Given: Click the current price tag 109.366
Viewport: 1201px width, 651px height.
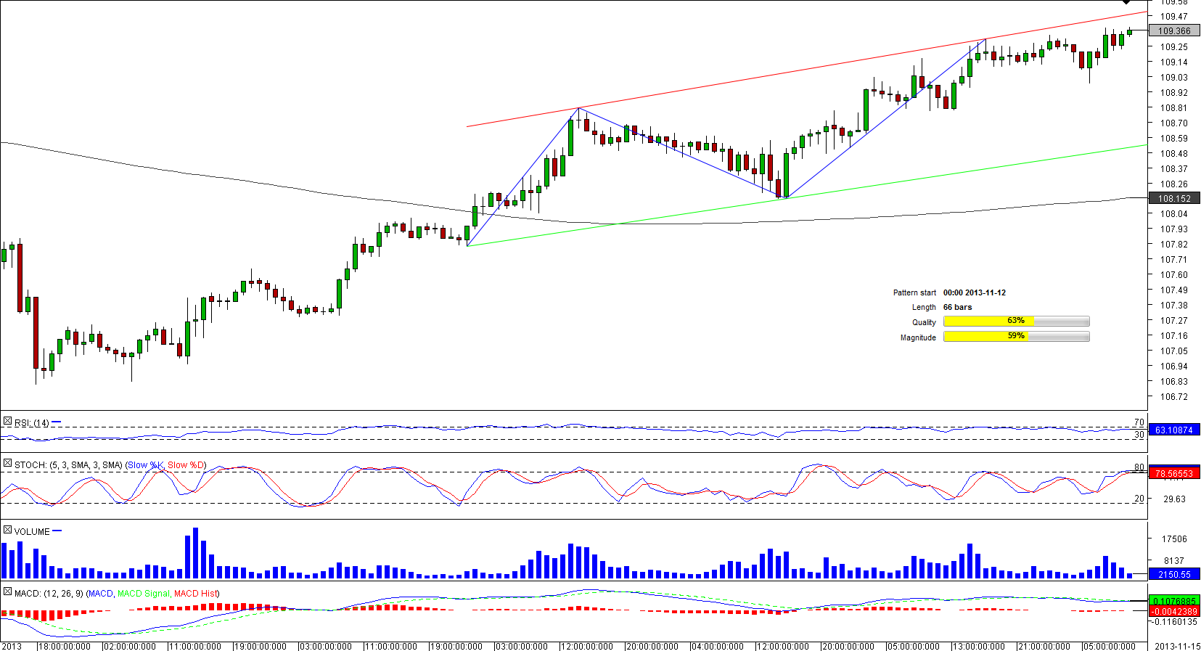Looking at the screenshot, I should click(x=1173, y=31).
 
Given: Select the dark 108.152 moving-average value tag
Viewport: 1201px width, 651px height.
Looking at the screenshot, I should click(x=1173, y=199).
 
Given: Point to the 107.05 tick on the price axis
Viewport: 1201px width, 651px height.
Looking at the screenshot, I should click(x=1173, y=351).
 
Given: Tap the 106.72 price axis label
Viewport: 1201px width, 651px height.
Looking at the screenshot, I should click(x=1173, y=397).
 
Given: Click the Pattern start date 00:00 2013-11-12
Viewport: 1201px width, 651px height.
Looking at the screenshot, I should click(x=974, y=293).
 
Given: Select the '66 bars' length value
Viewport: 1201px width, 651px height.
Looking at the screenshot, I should click(x=957, y=308).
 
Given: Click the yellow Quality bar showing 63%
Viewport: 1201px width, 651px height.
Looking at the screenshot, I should click(x=988, y=322).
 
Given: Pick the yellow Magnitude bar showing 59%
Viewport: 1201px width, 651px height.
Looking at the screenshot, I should click(x=985, y=337).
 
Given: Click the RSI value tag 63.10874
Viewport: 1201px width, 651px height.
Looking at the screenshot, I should click(x=1173, y=430).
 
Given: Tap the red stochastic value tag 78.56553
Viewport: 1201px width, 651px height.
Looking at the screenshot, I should click(x=1173, y=474).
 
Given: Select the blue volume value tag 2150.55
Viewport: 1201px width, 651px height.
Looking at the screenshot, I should click(x=1173, y=575).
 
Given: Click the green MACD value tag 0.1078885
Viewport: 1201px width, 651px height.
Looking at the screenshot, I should click(x=1173, y=601).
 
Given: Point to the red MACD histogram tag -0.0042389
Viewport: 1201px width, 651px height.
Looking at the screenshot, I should click(x=1173, y=612).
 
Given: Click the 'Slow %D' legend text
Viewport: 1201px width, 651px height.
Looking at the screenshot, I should click(x=186, y=465).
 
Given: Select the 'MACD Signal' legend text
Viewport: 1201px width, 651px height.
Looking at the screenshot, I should click(x=143, y=594).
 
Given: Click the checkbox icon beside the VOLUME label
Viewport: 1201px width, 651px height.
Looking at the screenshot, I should click(x=7, y=531).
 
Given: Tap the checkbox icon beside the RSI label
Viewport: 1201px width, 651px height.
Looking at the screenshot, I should click(x=7, y=422).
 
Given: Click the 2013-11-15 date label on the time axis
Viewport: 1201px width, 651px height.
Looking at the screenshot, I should click(x=1177, y=646).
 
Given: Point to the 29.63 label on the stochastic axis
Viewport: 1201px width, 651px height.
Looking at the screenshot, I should click(x=1173, y=499).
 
